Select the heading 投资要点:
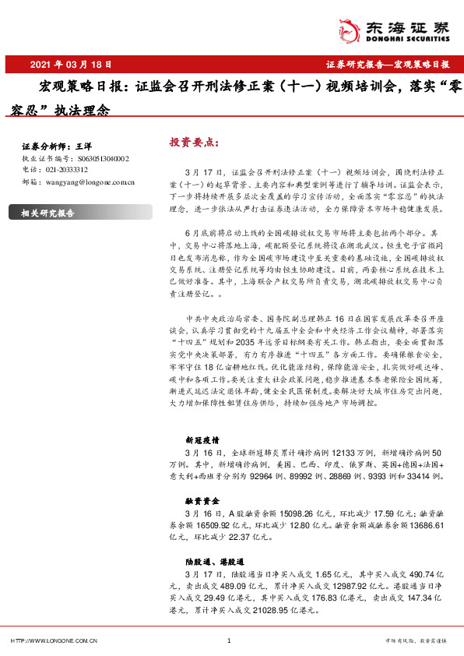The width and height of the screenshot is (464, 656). coord(194,143)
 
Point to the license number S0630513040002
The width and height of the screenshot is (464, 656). coord(102,157)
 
